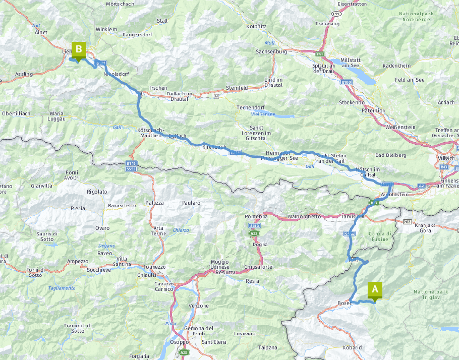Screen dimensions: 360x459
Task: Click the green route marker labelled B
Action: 78,50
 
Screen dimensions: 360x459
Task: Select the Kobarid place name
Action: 352,347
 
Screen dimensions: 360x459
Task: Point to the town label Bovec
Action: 345,303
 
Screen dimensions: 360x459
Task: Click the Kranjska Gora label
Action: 426,227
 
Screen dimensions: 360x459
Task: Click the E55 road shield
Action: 320,54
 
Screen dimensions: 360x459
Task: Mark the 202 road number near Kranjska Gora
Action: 408,221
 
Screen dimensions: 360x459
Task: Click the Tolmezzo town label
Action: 154,267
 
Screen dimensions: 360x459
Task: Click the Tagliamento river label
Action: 62,288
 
